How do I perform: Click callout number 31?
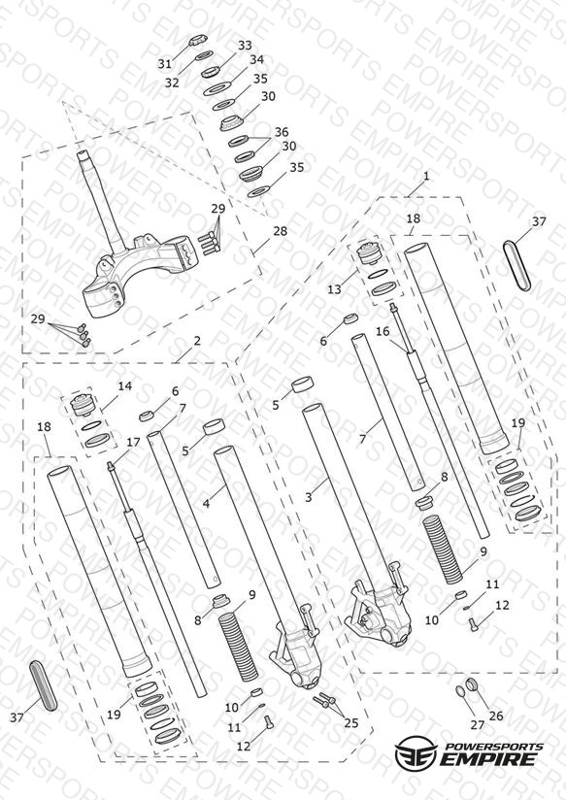(164, 64)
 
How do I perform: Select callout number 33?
(245, 46)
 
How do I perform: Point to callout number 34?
(256, 59)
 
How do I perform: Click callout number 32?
(172, 83)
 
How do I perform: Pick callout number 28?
(281, 231)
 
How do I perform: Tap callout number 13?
(334, 289)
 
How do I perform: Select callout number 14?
(125, 385)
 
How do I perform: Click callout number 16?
(383, 331)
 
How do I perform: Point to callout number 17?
(133, 443)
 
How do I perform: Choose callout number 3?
(309, 496)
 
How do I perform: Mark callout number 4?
(206, 504)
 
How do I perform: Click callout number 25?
(351, 722)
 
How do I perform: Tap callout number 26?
(496, 716)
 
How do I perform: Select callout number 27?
(478, 724)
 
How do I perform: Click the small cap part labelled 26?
(473, 684)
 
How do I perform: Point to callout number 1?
(426, 176)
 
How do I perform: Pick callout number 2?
(197, 341)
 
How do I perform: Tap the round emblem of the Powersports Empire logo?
(416, 751)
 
